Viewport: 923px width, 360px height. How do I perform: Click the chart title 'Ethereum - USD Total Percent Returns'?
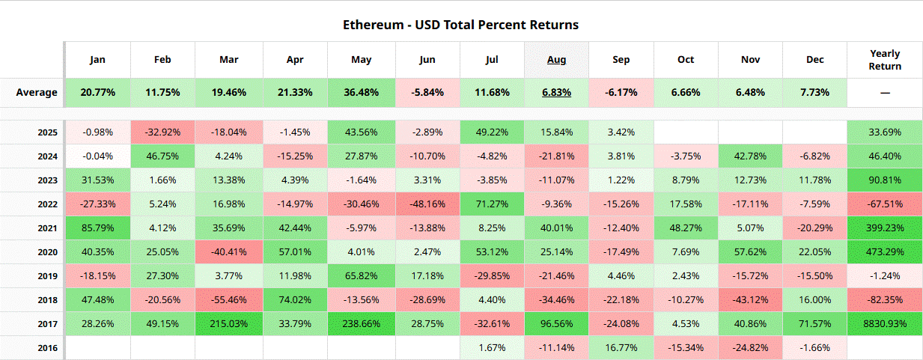pyautogui.click(x=460, y=25)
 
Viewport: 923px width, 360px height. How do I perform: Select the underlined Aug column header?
pyautogui.click(x=556, y=60)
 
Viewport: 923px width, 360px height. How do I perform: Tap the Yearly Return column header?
pyautogui.click(x=885, y=60)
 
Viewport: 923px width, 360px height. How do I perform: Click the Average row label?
pyautogui.click(x=37, y=93)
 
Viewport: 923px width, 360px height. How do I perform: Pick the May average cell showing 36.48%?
pyautogui.click(x=362, y=93)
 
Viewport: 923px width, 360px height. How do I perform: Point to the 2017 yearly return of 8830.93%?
pyautogui.click(x=885, y=324)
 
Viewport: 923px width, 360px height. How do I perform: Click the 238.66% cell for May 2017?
pyautogui.click(x=362, y=324)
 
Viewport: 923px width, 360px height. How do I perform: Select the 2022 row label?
pyautogui.click(x=47, y=204)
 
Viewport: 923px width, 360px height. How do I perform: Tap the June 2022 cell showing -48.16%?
pyautogui.click(x=428, y=204)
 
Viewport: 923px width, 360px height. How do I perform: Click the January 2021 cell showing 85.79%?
pyautogui.click(x=97, y=228)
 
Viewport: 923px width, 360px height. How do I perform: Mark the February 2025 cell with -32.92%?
pyautogui.click(x=162, y=132)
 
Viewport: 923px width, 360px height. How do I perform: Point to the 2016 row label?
pyautogui.click(x=47, y=348)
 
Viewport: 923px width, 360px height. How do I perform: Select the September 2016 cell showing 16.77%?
pyautogui.click(x=621, y=348)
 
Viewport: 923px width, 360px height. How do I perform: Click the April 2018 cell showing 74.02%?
pyautogui.click(x=296, y=300)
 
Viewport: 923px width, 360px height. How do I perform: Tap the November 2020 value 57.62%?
pyautogui.click(x=750, y=252)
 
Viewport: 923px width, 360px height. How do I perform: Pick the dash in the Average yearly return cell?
pyautogui.click(x=885, y=93)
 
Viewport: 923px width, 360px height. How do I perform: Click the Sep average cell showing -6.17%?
pyautogui.click(x=621, y=93)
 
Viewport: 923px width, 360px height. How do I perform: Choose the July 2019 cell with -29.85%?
pyautogui.click(x=493, y=276)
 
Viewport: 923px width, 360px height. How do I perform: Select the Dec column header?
pyautogui.click(x=814, y=60)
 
